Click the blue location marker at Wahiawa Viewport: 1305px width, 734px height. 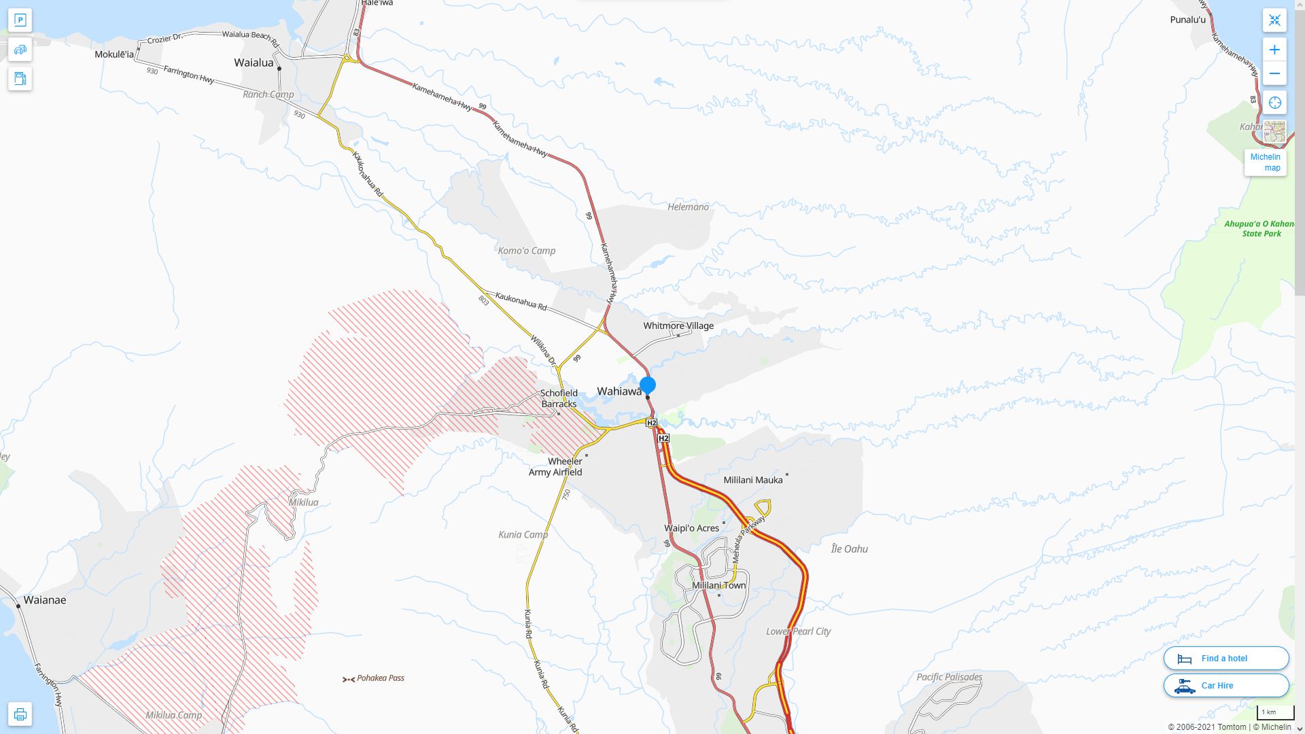(x=648, y=385)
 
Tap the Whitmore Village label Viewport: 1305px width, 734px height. (x=678, y=326)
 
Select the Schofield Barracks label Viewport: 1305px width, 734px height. (x=559, y=398)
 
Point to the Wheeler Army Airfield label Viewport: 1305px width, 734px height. (x=555, y=467)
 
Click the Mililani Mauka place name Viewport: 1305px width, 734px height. (x=752, y=480)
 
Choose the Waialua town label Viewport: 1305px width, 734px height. (x=254, y=63)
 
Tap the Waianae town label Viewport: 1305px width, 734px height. (x=45, y=600)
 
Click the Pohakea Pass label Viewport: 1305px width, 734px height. (x=380, y=678)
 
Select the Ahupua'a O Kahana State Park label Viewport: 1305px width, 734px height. (x=1259, y=228)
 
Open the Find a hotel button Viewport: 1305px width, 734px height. (x=1225, y=659)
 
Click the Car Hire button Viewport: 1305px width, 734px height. (x=1225, y=686)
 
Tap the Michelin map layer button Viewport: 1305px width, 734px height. (x=1266, y=162)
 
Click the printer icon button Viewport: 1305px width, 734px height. (x=20, y=714)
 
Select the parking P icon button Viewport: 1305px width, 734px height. (x=20, y=20)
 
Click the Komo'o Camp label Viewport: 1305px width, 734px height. (x=527, y=251)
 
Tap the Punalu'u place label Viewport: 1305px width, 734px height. (x=1187, y=20)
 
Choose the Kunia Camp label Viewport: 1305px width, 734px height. (x=523, y=535)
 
